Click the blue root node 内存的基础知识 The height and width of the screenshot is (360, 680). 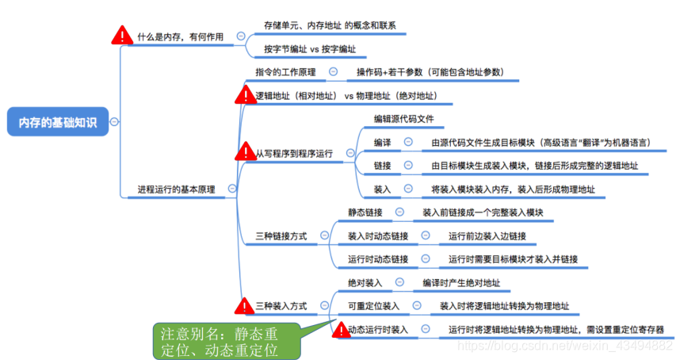[x=58, y=122]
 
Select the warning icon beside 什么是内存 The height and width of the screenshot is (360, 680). [x=122, y=35]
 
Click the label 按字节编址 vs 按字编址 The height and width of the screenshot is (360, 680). [x=310, y=49]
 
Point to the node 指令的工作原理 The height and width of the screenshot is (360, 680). [x=285, y=72]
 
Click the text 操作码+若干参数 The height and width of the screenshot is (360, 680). [x=429, y=72]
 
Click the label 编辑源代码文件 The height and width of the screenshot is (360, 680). [x=404, y=120]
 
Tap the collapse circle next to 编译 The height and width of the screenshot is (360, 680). [x=408, y=142]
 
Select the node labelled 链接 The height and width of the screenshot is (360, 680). [x=382, y=166]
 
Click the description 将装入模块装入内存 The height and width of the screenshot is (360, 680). [x=513, y=189]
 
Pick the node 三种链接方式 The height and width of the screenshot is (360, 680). [x=281, y=236]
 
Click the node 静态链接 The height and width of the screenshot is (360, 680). [x=365, y=213]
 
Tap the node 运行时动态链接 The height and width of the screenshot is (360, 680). [x=378, y=259]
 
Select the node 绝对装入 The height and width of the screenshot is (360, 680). [x=365, y=282]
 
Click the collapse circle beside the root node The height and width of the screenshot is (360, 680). [x=115, y=122]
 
